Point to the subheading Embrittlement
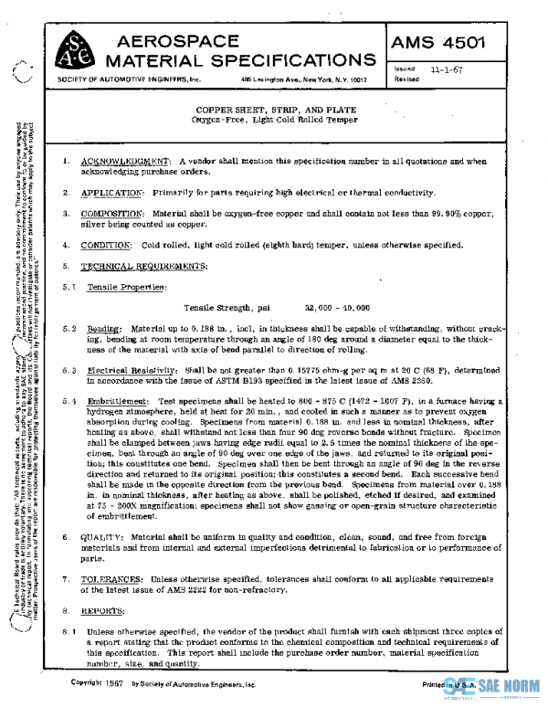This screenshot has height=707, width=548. (117, 402)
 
